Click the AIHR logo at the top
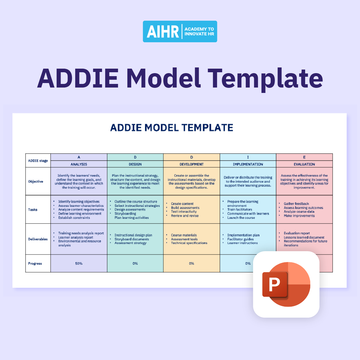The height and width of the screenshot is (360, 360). (x=180, y=31)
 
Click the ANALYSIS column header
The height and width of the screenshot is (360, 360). (x=79, y=164)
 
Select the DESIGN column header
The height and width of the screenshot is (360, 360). (x=135, y=164)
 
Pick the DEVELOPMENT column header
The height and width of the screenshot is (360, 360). (x=192, y=164)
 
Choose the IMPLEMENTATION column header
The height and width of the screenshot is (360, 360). (x=248, y=164)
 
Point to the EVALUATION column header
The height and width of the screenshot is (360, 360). (x=304, y=164)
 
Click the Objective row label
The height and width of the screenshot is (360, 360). (x=36, y=181)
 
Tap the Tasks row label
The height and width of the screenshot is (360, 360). (x=33, y=210)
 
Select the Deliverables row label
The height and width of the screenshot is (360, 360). (x=38, y=239)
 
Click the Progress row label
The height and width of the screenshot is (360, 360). (x=35, y=263)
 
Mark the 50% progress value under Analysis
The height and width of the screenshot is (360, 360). (x=79, y=263)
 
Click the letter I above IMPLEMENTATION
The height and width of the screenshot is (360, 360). (x=248, y=157)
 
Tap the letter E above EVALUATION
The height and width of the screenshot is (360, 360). (x=304, y=157)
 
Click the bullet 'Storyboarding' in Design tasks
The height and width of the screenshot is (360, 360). (x=125, y=214)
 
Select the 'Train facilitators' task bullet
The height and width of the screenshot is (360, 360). (x=240, y=210)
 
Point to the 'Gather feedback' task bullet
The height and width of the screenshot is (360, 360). (x=296, y=204)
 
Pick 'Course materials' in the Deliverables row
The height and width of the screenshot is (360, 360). (x=184, y=235)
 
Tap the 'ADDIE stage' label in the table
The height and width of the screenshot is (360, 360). (x=38, y=161)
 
